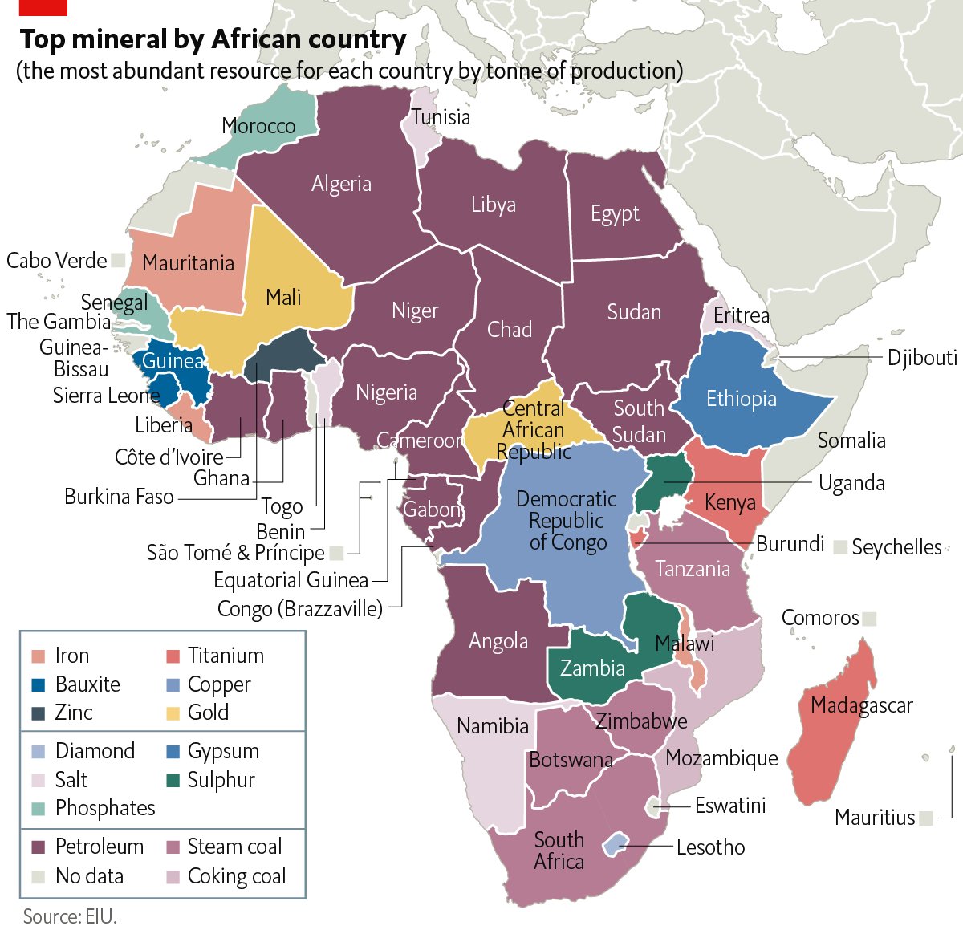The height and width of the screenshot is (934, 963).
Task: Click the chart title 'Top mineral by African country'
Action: [213, 39]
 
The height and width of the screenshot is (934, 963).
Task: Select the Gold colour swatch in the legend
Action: [173, 713]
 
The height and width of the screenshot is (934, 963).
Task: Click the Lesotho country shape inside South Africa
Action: [614, 843]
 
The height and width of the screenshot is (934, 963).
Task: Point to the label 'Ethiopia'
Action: [741, 399]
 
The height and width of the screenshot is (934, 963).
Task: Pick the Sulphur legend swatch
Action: [173, 780]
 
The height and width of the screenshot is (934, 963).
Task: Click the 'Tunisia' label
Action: [441, 117]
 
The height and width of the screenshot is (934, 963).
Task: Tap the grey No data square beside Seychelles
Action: [840, 547]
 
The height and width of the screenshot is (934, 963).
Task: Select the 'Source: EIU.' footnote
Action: [70, 916]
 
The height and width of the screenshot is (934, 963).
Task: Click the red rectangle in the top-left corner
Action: [43, 7]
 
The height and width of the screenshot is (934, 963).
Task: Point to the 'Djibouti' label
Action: [922, 357]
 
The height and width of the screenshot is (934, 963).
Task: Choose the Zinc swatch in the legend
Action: [39, 713]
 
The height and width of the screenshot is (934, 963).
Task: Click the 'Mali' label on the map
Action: [283, 298]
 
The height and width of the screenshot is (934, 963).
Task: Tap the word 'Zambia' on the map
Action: [592, 668]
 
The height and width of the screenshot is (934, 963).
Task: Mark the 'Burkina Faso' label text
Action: [119, 497]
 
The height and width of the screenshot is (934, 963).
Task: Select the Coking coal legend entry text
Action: [236, 876]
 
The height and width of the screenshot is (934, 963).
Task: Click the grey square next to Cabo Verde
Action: [119, 260]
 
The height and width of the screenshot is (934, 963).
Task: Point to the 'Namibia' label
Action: [493, 726]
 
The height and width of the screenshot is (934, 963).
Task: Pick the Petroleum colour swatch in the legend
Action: [39, 847]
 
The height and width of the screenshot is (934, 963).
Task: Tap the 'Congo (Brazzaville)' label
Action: [299, 609]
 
